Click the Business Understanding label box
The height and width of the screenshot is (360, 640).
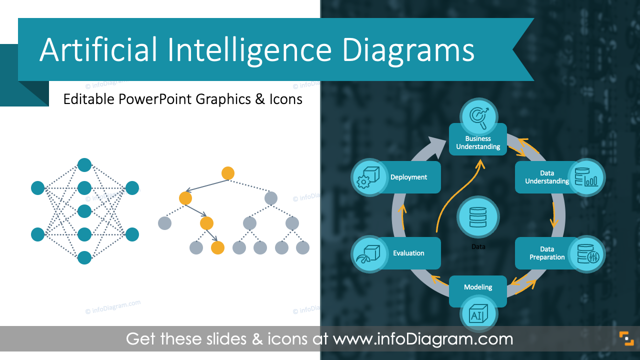pos(478,142)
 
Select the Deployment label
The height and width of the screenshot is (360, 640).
pos(409,177)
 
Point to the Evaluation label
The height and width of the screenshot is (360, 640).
pos(408,253)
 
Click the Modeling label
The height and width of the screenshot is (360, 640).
pos(478,287)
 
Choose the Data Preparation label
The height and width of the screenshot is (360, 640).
pos(547,253)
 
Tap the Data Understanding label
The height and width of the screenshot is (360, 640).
pos(546,177)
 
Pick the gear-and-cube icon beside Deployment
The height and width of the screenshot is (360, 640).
pos(370,177)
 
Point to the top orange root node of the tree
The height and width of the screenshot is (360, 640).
pos(228,173)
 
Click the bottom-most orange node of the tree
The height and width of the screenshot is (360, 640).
pos(217,247)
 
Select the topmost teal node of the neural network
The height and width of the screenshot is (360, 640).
pos(84,165)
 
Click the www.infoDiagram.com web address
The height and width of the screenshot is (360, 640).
pos(423,339)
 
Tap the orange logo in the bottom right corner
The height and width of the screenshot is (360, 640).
pos(626,338)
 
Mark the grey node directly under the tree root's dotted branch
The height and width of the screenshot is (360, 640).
pos(270,198)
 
